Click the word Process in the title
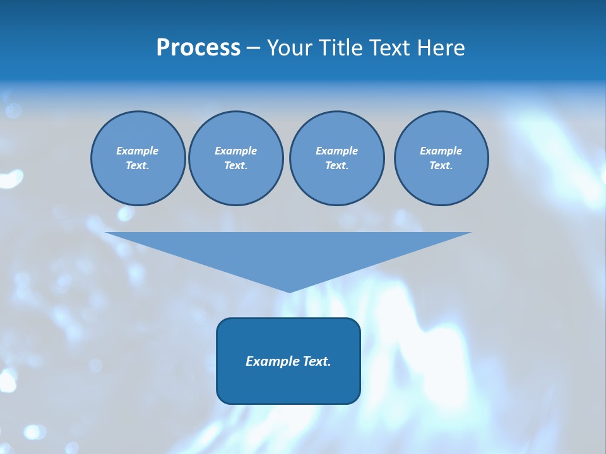pyautogui.click(x=198, y=48)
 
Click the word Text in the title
pyautogui.click(x=389, y=48)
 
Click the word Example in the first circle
pyautogui.click(x=138, y=151)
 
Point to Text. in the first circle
pyautogui.click(x=138, y=166)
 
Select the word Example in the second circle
pyautogui.click(x=235, y=151)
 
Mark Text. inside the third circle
pyautogui.click(x=336, y=166)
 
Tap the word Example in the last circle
pyautogui.click(x=441, y=151)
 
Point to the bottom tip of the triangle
pyautogui.click(x=289, y=291)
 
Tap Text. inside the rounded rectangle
pyautogui.click(x=316, y=361)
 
